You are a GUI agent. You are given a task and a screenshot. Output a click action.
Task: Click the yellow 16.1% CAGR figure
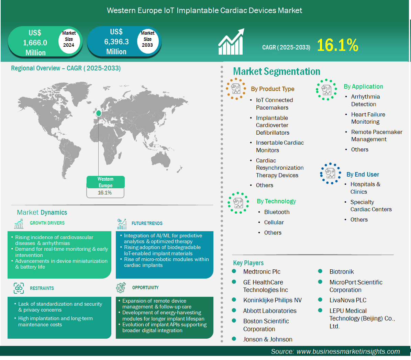(337, 45)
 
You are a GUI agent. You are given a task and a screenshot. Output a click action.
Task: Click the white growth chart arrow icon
(232, 42)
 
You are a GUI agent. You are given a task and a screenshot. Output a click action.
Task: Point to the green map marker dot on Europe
(99, 113)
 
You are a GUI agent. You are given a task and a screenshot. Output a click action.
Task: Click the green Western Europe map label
(105, 182)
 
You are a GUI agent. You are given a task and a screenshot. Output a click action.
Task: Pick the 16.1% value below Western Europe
(105, 193)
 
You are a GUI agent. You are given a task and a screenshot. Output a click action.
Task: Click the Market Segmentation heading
(277, 71)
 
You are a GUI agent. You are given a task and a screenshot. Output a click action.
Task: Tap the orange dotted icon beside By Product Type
(236, 89)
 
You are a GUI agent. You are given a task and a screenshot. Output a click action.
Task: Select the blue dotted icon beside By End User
(330, 173)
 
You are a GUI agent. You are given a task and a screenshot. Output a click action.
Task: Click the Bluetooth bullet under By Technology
(277, 212)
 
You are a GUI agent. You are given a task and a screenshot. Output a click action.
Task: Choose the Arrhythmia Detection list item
(365, 100)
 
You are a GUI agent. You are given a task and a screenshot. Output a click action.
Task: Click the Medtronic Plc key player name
(262, 272)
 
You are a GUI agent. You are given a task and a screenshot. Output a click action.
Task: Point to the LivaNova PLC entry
(348, 300)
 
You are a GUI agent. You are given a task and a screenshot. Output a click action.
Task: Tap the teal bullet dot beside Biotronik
(320, 271)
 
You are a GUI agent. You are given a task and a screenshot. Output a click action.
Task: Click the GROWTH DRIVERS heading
(47, 223)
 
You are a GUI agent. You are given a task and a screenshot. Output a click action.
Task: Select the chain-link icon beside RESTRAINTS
(19, 288)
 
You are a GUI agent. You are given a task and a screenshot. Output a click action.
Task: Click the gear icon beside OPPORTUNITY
(121, 288)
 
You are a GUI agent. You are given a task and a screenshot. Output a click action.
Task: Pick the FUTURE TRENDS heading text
(147, 223)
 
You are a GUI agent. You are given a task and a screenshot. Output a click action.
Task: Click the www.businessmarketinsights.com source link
(348, 351)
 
